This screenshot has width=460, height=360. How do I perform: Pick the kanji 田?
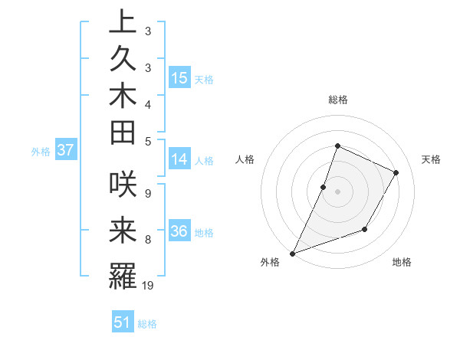(123, 132)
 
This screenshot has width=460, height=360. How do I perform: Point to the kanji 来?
(123, 230)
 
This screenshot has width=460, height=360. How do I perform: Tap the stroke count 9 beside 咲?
(147, 191)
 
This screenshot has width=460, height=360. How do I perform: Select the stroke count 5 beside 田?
(147, 140)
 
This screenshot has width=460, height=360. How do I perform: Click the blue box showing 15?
(179, 78)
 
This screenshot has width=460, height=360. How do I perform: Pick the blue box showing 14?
(179, 160)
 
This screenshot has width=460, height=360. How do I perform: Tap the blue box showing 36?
(179, 232)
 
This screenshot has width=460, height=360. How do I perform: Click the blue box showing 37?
(65, 151)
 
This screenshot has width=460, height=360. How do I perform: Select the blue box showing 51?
(123, 323)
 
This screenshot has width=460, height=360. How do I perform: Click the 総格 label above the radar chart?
(337, 100)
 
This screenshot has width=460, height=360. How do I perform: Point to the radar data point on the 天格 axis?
(396, 173)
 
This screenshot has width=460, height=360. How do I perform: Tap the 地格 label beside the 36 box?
(204, 233)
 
